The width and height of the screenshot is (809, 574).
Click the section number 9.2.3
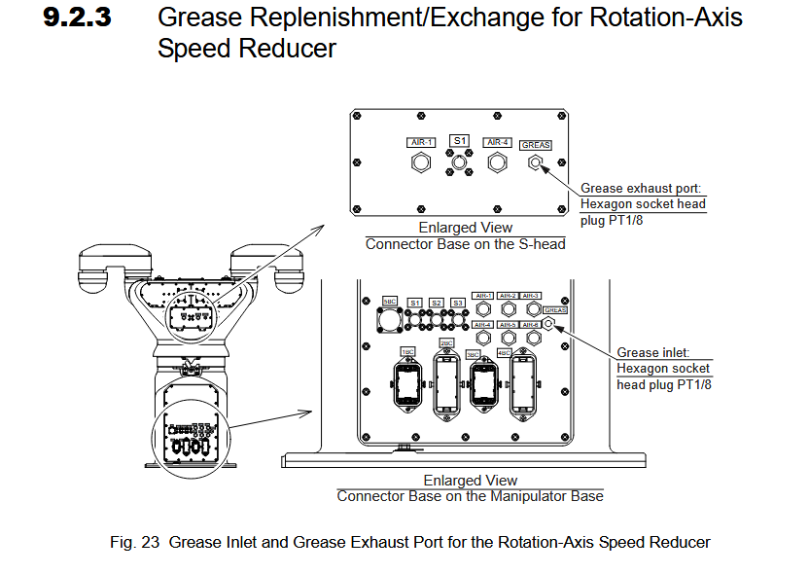pos(78,18)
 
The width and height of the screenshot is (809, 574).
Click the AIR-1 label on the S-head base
pos(421,143)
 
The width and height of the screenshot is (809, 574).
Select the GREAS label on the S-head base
pos(535,145)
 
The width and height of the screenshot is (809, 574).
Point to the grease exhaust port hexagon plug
pos(535,163)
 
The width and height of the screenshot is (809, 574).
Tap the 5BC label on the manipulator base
pos(390,303)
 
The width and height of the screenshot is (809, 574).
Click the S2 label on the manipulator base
pos(437,303)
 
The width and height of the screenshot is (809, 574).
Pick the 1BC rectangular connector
pos(406,382)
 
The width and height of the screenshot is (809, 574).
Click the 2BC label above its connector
pos(446,343)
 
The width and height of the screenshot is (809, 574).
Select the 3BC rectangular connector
pos(482,382)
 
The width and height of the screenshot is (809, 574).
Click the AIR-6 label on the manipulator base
pos(531,325)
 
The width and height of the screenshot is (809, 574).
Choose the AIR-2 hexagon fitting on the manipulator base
pos(508,310)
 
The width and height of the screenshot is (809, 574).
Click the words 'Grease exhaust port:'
pos(640,189)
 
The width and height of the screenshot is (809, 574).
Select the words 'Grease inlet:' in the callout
pos(653,353)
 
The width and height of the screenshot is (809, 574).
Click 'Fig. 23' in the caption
pos(134,542)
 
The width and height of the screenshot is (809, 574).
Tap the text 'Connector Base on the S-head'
pos(465,244)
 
